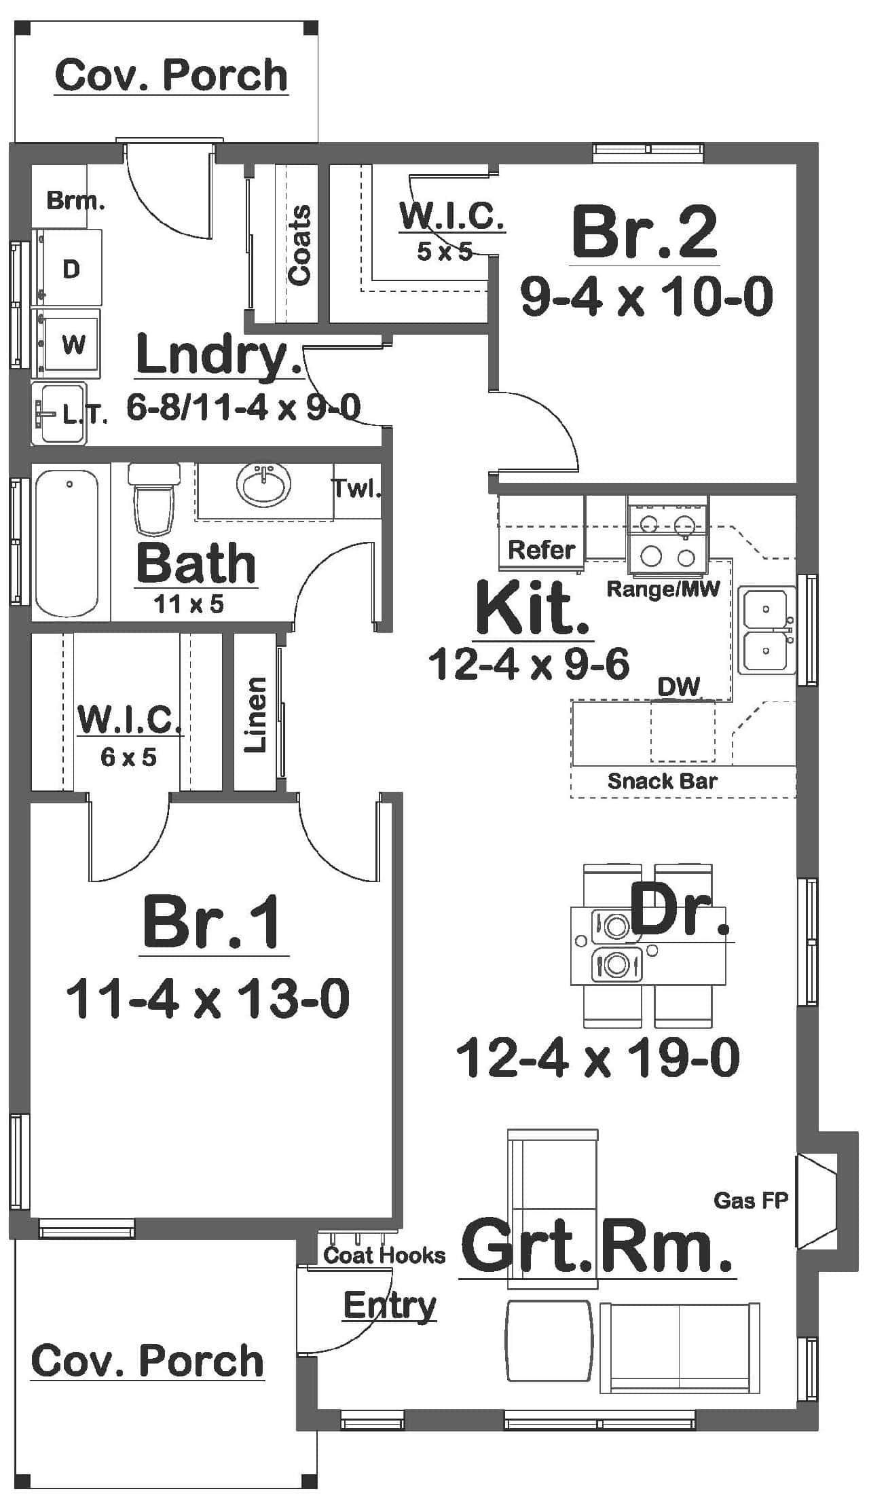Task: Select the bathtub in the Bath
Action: pos(67,543)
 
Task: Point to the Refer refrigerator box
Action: pos(541,549)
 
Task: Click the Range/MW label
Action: pos(662,589)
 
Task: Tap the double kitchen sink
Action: pos(766,631)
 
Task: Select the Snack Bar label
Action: pos(662,781)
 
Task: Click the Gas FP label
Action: pos(751,1201)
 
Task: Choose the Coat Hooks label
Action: pos(384,1255)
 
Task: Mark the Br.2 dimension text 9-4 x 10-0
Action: pos(646,297)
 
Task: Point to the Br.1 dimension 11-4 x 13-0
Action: pos(208,998)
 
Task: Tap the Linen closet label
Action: pos(255,714)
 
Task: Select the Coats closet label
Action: pos(299,244)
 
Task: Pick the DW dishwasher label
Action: pos(678,687)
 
